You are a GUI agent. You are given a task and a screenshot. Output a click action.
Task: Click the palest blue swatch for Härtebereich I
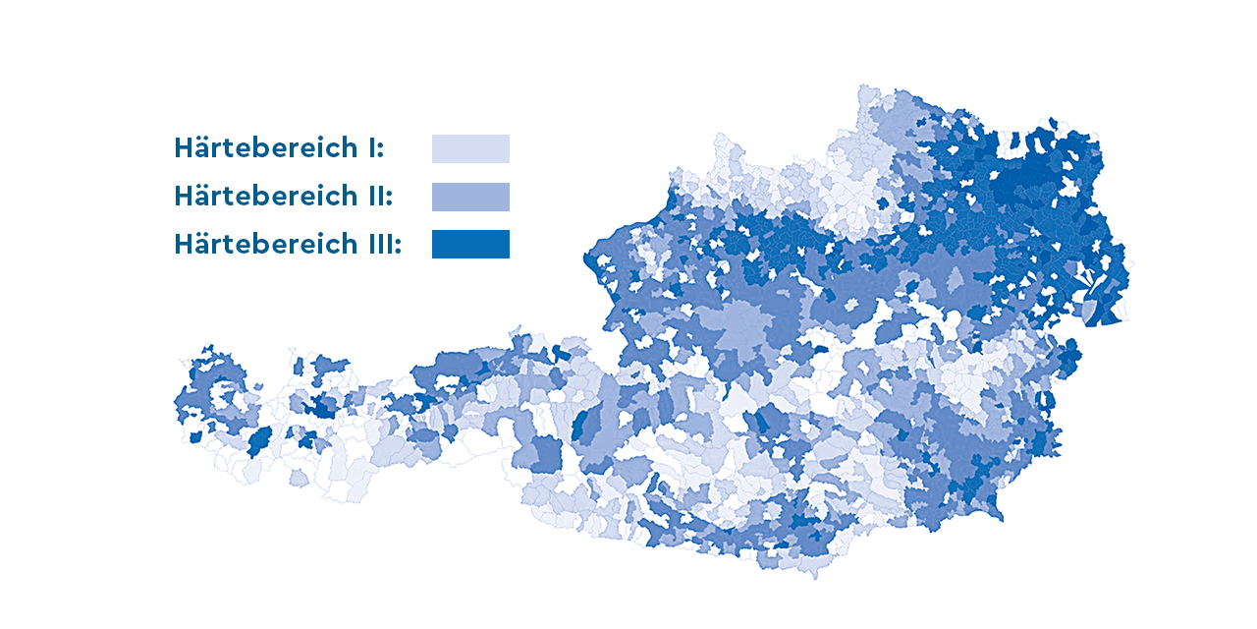[470, 148]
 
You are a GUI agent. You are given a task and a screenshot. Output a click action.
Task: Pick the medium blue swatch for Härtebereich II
[470, 197]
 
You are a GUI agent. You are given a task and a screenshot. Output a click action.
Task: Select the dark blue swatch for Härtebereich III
[470, 244]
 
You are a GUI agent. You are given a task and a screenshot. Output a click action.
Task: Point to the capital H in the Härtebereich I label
[184, 148]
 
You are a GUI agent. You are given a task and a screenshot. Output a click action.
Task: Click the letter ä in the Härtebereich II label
[202, 197]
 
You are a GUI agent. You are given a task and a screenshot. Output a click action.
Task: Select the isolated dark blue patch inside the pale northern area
[883, 203]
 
